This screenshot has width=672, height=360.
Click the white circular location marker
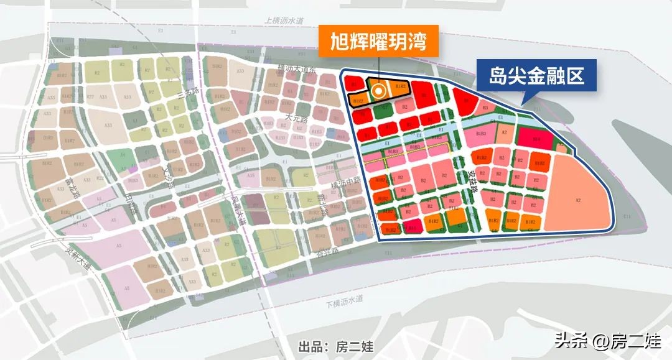pyautogui.click(x=378, y=91)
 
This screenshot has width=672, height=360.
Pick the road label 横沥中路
pyautogui.click(x=347, y=180)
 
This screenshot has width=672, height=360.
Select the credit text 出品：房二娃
pyautogui.click(x=336, y=346)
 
